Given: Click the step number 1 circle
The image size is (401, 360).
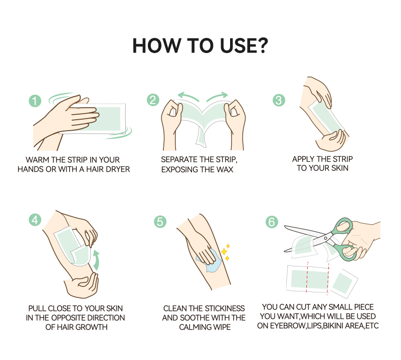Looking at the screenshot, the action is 35,101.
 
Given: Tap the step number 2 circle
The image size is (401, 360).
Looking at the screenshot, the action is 153,100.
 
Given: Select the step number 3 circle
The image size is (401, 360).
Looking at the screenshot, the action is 279,100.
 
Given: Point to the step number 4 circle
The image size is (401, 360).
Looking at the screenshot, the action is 35,220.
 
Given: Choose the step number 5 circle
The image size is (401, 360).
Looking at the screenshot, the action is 160,221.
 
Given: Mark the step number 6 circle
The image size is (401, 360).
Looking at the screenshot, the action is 272,222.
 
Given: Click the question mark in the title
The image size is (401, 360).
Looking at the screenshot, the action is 262,46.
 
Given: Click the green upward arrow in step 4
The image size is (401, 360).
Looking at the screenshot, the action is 96,260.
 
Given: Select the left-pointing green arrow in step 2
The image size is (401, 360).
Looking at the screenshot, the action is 188,97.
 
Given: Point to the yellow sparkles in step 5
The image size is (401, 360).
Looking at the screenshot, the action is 225,252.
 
